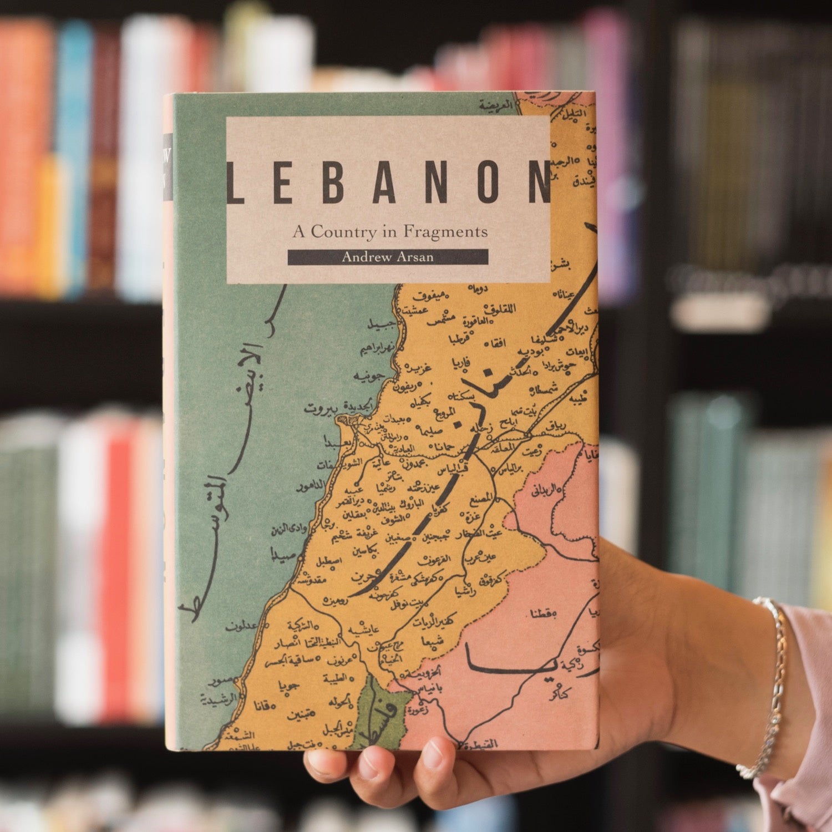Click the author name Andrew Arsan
pyautogui.click(x=387, y=257)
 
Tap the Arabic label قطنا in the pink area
pyautogui.click(x=541, y=613)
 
